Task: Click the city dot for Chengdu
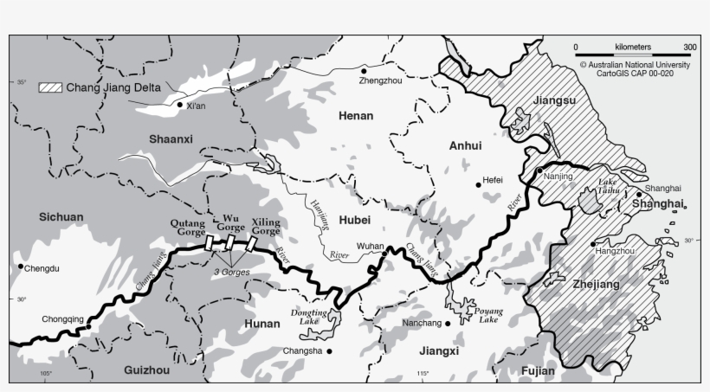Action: (20, 267)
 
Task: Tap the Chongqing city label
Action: (63, 319)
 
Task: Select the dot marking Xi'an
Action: (179, 105)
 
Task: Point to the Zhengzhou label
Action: (380, 80)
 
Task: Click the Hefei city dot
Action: (478, 183)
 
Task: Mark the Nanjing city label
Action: (559, 177)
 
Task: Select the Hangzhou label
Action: (616, 251)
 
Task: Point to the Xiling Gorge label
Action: (265, 226)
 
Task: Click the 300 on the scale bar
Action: (689, 47)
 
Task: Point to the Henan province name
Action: (355, 114)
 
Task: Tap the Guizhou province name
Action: (146, 370)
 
